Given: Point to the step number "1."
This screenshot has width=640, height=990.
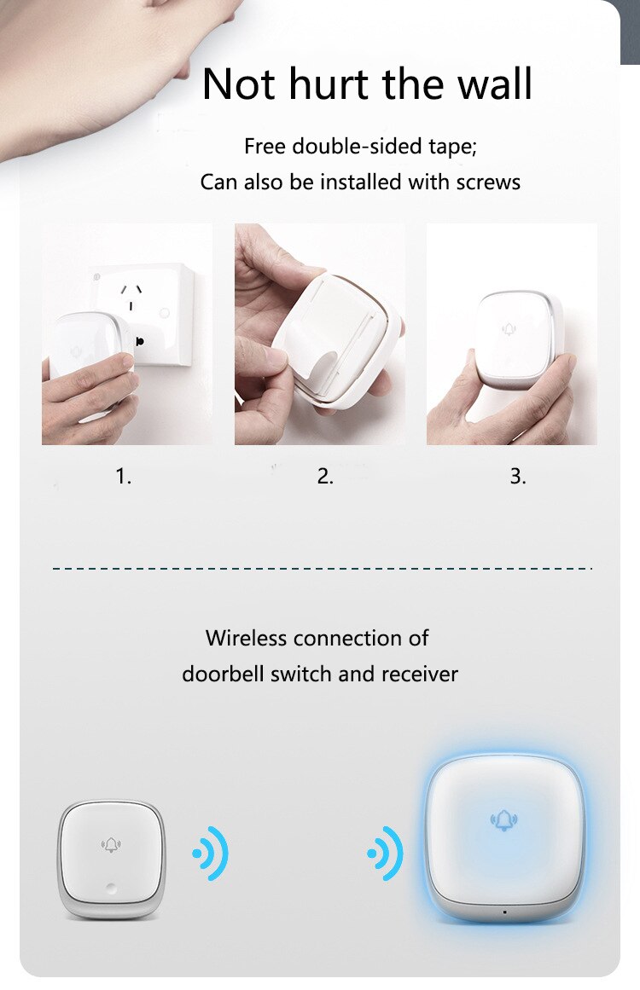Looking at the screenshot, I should click(x=124, y=477).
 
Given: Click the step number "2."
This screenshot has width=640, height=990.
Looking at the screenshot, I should click(x=325, y=477).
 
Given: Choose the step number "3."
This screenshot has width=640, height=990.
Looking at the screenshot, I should click(x=518, y=477).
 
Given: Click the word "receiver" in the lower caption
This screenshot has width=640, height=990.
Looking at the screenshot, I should click(x=419, y=674).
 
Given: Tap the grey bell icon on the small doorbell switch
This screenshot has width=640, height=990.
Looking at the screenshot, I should click(x=111, y=845).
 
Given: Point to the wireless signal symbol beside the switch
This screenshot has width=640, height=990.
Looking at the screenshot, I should click(x=210, y=853).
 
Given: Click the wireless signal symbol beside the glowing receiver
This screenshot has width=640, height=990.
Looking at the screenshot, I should click(x=386, y=853).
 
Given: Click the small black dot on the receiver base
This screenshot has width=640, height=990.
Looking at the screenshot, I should click(x=504, y=912).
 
